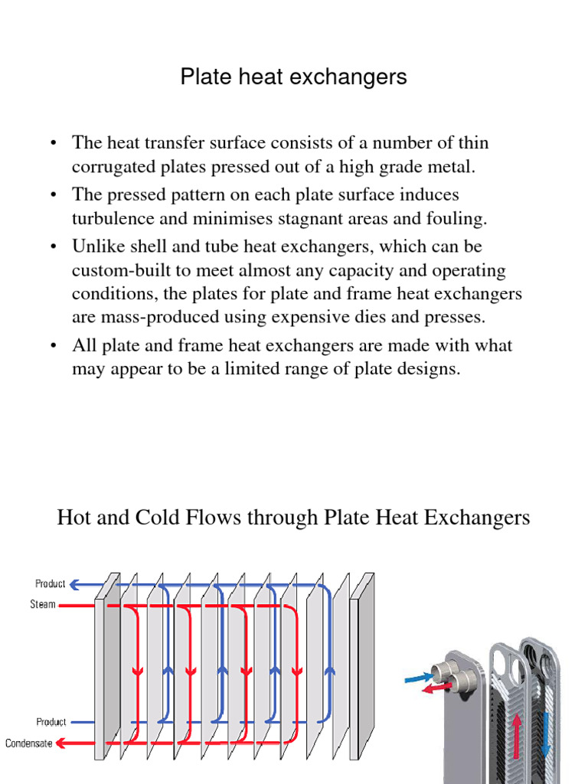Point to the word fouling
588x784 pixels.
[457, 218]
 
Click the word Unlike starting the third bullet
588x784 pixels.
[96, 247]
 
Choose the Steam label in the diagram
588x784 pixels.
[43, 605]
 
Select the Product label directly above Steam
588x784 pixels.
[51, 584]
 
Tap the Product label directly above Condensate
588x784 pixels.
[51, 722]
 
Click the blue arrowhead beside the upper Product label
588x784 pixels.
[75, 584]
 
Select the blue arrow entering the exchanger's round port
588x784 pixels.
[415, 677]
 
